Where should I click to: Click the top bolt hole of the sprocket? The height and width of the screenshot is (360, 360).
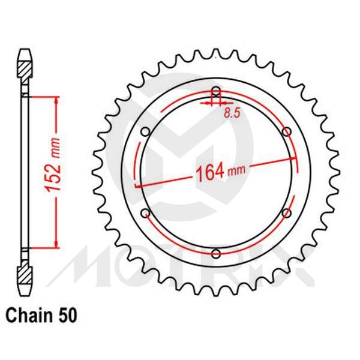pos(216,92)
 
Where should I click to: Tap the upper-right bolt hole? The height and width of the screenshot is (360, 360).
pos(286,131)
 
